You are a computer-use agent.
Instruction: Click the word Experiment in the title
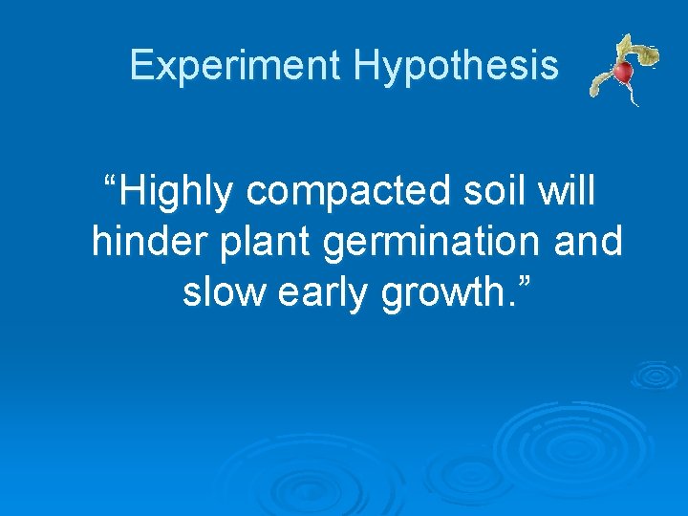(x=235, y=66)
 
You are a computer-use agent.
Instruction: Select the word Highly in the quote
(x=178, y=192)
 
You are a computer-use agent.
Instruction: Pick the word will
(x=566, y=191)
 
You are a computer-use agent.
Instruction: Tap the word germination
(x=435, y=243)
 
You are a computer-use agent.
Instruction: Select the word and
(x=588, y=243)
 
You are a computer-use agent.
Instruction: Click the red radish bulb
(x=623, y=73)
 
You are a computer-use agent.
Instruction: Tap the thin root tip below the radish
(x=634, y=99)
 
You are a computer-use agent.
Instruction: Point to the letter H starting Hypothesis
(x=364, y=66)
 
